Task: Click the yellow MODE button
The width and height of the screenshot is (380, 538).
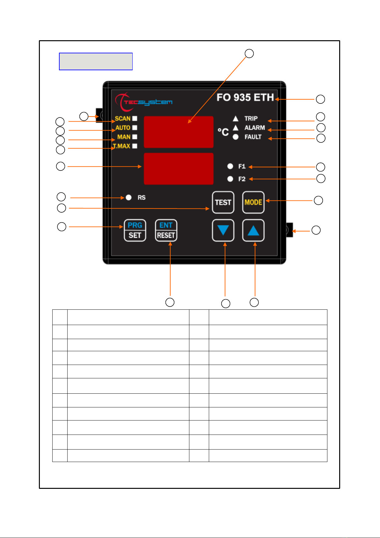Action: tap(253, 202)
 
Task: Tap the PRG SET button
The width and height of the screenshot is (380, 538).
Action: tap(135, 230)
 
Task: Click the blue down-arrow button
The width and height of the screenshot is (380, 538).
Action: tap(223, 230)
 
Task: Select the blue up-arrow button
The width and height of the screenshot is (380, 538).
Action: tap(253, 230)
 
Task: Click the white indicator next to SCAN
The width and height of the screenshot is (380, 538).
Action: tap(135, 118)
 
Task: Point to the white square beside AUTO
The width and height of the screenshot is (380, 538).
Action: tap(135, 127)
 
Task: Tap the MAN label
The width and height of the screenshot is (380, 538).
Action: tap(124, 137)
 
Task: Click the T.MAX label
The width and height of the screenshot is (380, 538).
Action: tap(121, 146)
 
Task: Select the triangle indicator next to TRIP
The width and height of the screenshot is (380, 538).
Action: tap(236, 118)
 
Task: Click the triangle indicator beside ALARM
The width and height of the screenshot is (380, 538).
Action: tap(236, 127)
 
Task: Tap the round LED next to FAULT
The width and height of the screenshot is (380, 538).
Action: tap(236, 137)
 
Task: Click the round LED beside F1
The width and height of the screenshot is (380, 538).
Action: tap(230, 166)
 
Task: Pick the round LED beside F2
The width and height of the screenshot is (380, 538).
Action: tap(230, 179)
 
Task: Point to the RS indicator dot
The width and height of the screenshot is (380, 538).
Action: tap(129, 197)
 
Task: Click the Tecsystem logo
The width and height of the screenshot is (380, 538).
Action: tap(143, 102)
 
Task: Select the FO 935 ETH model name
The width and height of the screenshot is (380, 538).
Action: tap(245, 97)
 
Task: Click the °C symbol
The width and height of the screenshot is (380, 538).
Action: tap(223, 132)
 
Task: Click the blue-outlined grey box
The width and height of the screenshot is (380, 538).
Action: tap(96, 62)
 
